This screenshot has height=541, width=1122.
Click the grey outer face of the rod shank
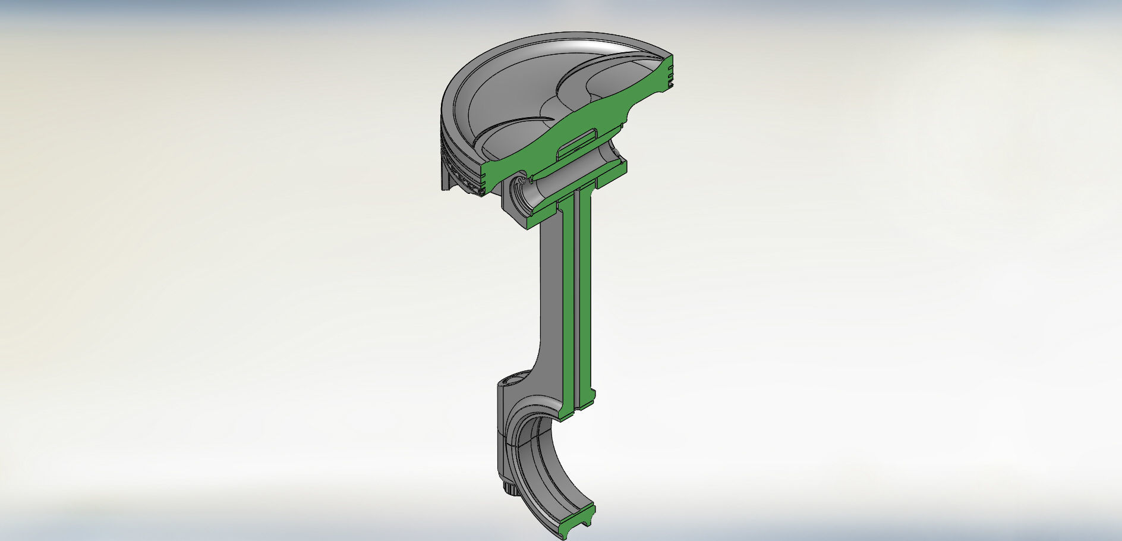(550, 297)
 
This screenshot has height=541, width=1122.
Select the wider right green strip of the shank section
(585, 297)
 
